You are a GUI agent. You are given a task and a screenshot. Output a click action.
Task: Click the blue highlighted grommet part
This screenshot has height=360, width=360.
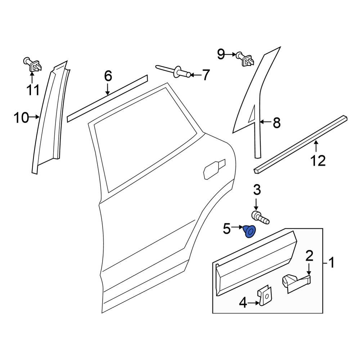pyautogui.click(x=249, y=231)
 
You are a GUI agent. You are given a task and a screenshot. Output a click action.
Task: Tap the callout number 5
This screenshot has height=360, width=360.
pyautogui.click(x=226, y=228)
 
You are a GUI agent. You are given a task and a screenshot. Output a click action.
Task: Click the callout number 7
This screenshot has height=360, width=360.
pyautogui.click(x=205, y=75)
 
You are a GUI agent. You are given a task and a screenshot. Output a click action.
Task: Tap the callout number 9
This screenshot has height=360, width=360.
pyautogui.click(x=221, y=55)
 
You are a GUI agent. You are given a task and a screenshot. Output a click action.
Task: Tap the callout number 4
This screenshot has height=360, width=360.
pyautogui.click(x=243, y=304)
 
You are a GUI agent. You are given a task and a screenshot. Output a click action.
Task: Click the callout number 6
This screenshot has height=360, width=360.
pyautogui.click(x=108, y=76)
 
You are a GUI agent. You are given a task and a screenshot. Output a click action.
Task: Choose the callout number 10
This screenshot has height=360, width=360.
pyautogui.click(x=21, y=117)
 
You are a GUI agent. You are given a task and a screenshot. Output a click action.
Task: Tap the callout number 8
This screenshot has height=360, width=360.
pyautogui.click(x=276, y=123)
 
